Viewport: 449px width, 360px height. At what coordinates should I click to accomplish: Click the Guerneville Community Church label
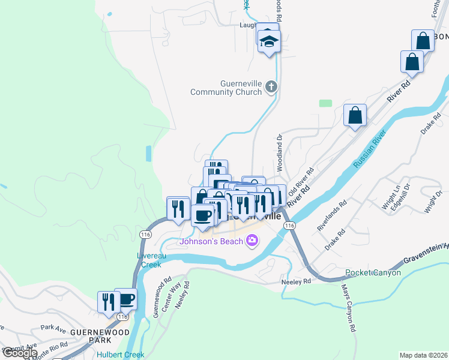click(x=226, y=88)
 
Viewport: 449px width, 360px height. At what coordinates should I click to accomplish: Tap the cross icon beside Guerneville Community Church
click(x=271, y=87)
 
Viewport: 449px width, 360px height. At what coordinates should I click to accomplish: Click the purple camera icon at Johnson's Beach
click(x=252, y=241)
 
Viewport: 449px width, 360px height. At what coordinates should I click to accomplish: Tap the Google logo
click(x=19, y=353)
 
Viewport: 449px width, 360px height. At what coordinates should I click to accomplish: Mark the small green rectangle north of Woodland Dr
click(x=325, y=103)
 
